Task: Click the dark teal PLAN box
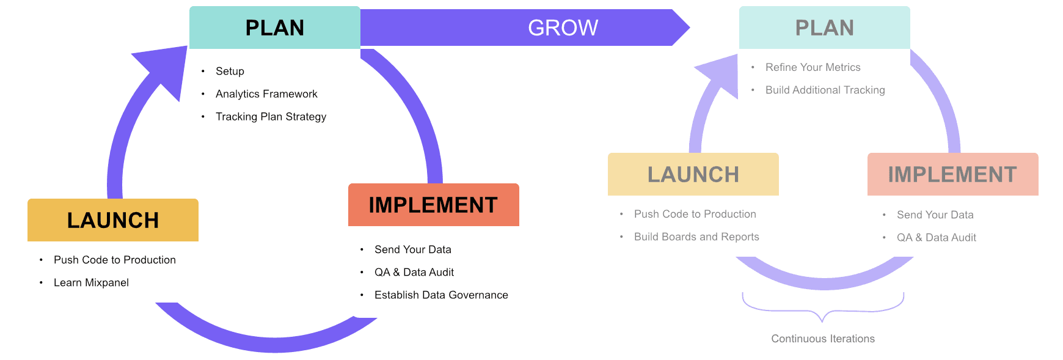coord(274,28)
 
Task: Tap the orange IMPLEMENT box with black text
coord(433,205)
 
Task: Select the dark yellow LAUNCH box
coord(113,220)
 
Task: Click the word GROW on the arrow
coord(563,28)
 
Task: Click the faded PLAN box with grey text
coord(824,28)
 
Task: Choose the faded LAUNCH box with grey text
coord(693,174)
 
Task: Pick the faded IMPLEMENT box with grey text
coord(952,174)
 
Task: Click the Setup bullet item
coord(230,72)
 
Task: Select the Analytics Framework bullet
coord(266,94)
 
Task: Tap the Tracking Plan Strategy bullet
coord(271,117)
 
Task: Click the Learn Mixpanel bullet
coord(91,282)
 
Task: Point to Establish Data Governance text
coord(441,295)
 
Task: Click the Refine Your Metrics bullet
coord(813,67)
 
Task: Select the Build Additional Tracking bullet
coord(825,90)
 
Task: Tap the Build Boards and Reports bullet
coord(696,237)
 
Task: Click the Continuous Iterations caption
coord(823,339)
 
